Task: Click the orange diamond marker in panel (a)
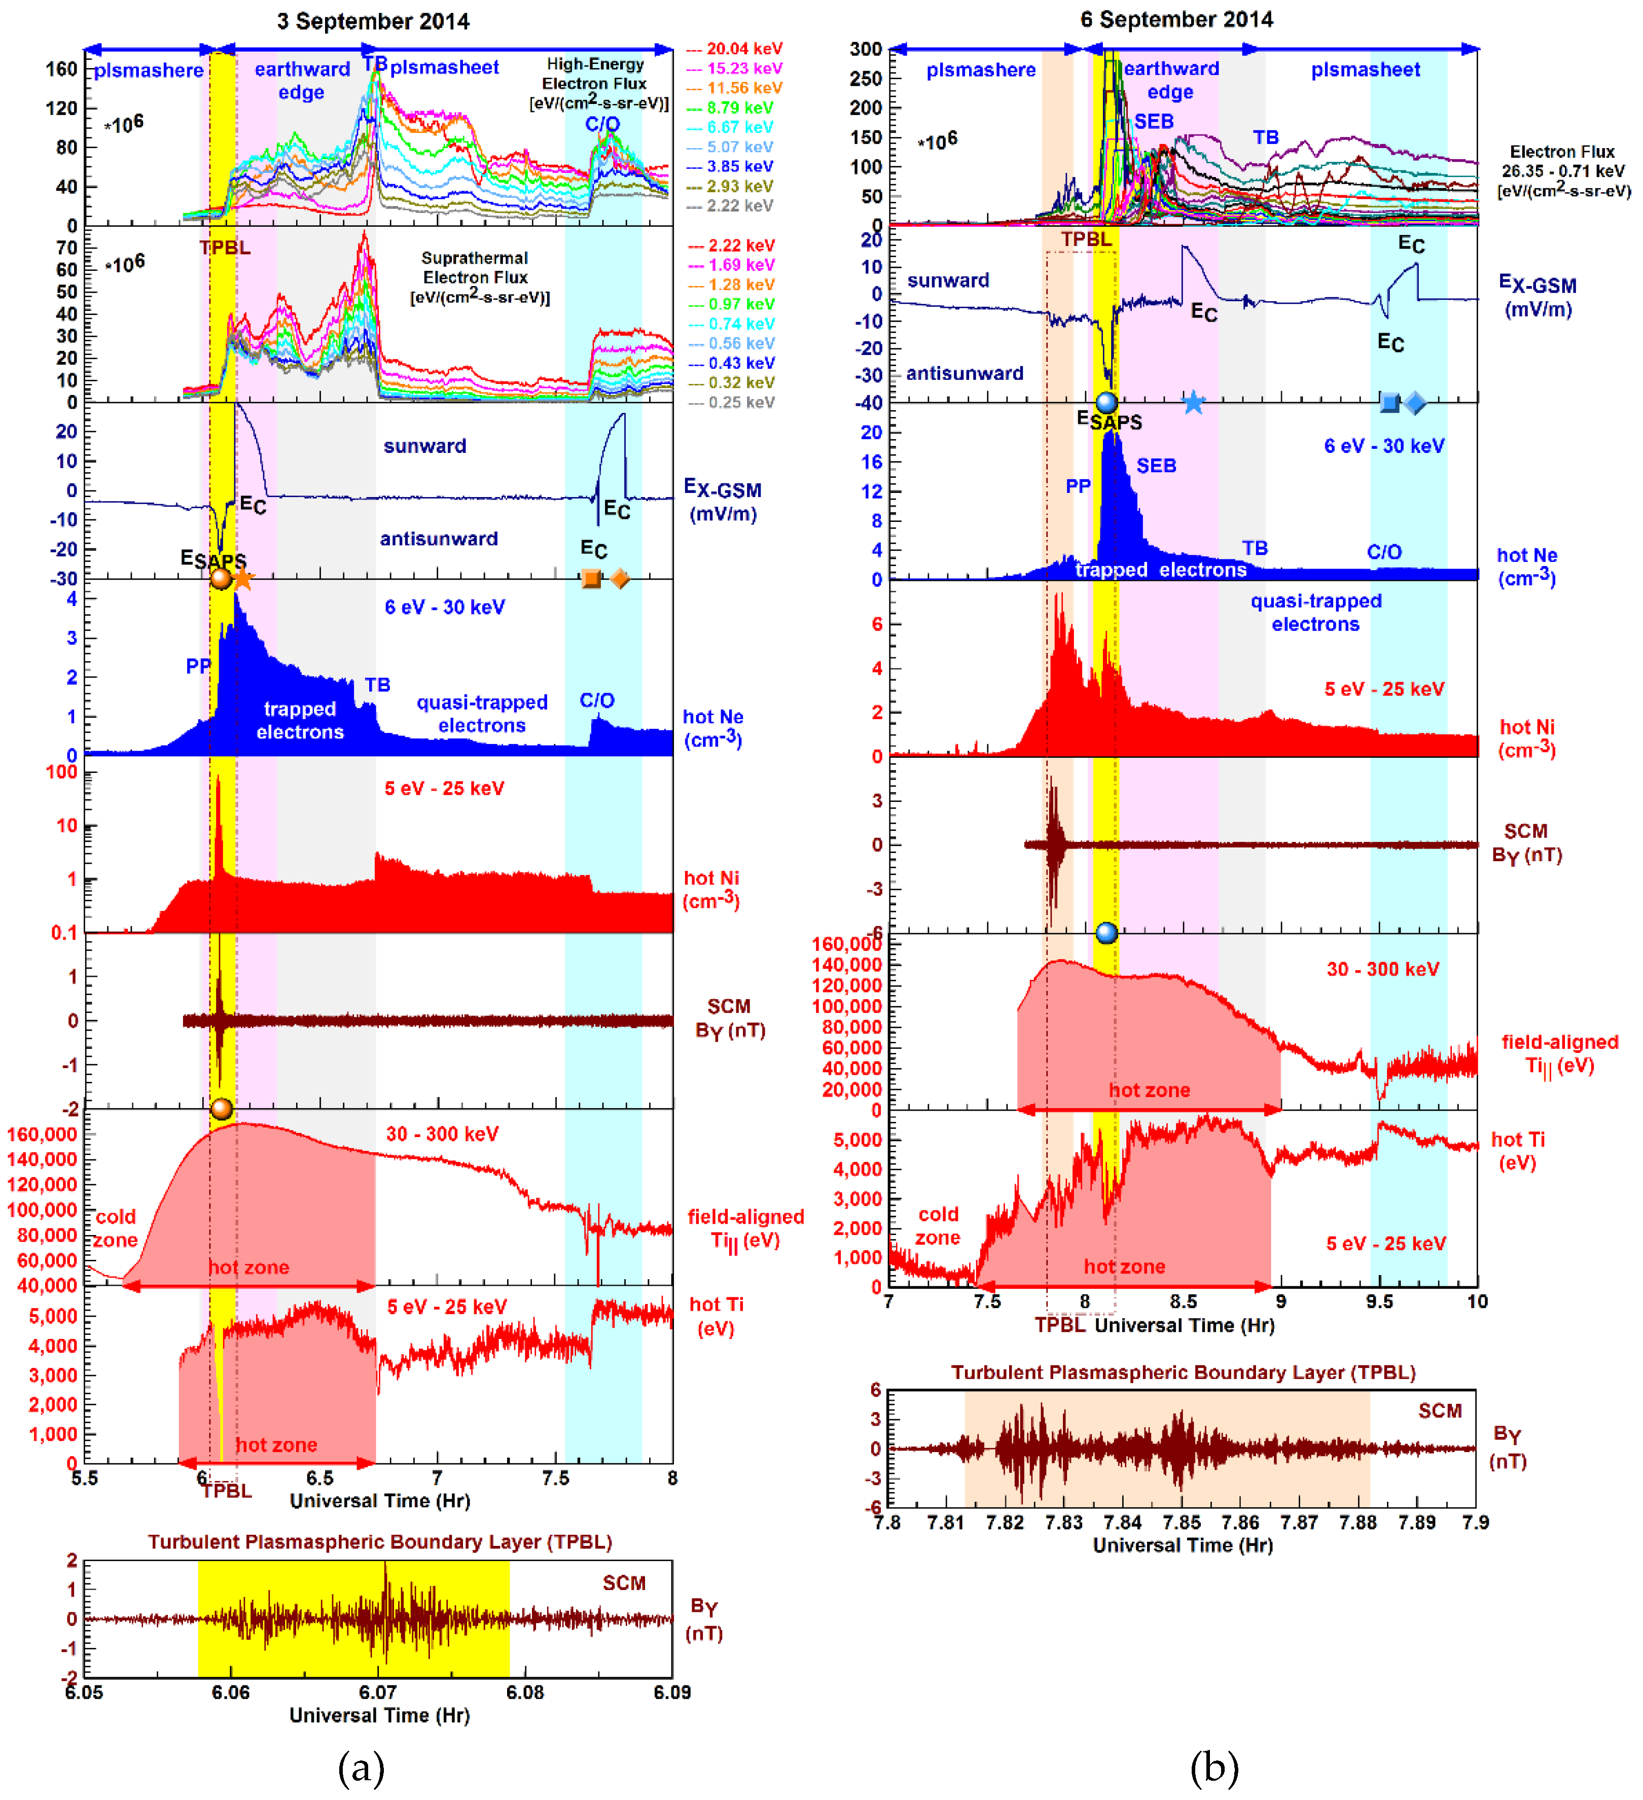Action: pyautogui.click(x=620, y=579)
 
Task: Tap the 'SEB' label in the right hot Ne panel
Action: pyautogui.click(x=1156, y=465)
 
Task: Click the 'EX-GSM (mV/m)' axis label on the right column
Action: pyautogui.click(x=1538, y=296)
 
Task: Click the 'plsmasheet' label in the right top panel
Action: pyautogui.click(x=1365, y=69)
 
